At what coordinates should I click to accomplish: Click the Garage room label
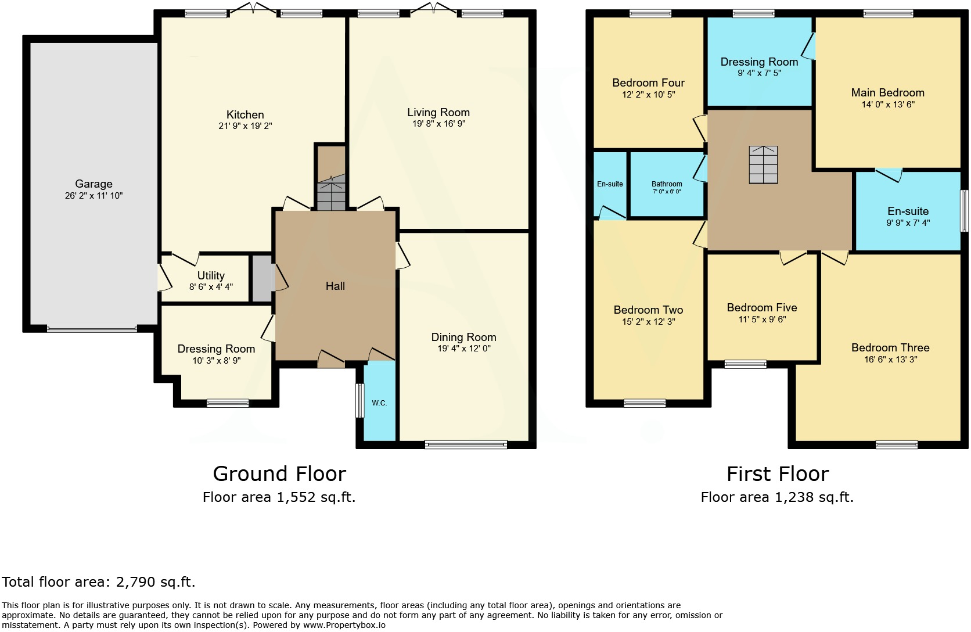(93, 184)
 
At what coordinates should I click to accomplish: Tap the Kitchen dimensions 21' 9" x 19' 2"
(245, 126)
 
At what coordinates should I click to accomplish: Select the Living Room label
(438, 113)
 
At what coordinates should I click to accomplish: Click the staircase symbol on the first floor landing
(763, 164)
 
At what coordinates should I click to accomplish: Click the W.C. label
(379, 403)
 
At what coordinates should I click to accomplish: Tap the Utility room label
(211, 275)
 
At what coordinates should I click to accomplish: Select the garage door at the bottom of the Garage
(92, 329)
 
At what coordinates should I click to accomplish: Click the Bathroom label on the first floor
(667, 184)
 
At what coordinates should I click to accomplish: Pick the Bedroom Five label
(762, 308)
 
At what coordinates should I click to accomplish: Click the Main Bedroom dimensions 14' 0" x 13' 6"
(888, 105)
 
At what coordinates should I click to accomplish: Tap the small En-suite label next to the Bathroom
(610, 184)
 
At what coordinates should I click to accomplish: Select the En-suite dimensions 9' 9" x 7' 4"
(908, 223)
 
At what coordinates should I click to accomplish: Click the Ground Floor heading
(279, 474)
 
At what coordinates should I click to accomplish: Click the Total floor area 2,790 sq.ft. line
(99, 582)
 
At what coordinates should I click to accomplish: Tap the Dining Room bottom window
(466, 446)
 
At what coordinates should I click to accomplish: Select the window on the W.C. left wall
(359, 400)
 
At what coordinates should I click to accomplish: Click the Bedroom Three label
(890, 348)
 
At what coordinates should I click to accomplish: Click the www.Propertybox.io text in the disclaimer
(344, 626)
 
